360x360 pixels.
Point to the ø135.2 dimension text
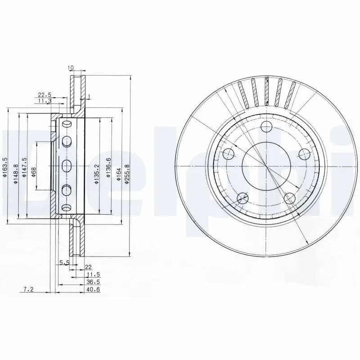[96, 174]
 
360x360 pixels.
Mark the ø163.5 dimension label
[5, 168]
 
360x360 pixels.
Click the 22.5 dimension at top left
[44, 95]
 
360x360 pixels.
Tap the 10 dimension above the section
[71, 68]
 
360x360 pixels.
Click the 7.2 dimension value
[29, 289]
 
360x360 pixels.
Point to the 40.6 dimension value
[93, 289]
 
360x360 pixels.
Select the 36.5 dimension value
[92, 282]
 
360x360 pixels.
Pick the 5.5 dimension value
[64, 262]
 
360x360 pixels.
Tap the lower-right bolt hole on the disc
[289, 197]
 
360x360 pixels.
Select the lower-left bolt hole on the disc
[242, 197]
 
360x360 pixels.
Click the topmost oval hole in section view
[67, 124]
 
